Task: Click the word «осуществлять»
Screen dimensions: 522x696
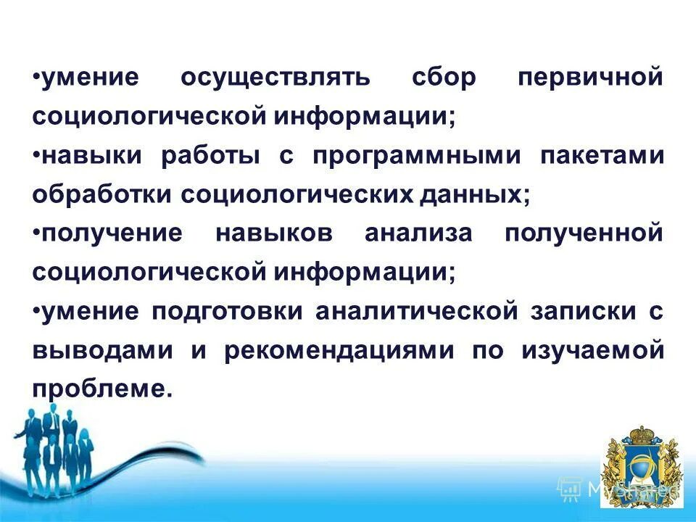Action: click(x=275, y=78)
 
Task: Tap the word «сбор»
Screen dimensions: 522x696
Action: click(x=444, y=78)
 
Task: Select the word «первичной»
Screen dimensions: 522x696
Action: click(x=590, y=78)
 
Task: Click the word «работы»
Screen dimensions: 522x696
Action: click(x=210, y=157)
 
